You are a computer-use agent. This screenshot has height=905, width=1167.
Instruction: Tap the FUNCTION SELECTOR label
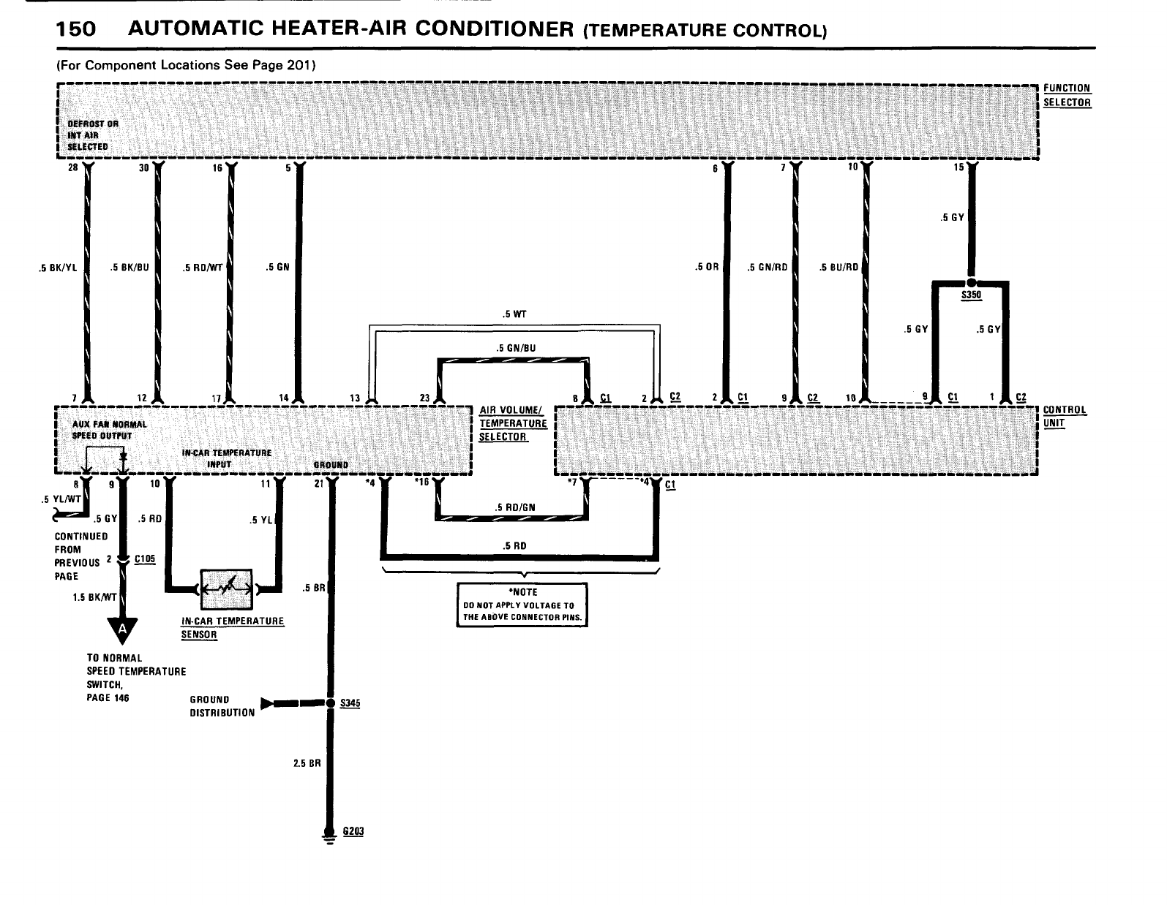[1067, 95]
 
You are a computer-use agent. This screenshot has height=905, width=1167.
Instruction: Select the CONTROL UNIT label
[1065, 417]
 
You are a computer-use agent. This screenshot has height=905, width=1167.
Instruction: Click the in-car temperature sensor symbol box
[225, 588]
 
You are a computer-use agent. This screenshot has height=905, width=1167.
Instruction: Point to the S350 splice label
[971, 295]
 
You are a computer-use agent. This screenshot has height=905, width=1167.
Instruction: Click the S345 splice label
[351, 703]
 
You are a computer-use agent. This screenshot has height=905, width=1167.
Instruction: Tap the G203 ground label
[353, 832]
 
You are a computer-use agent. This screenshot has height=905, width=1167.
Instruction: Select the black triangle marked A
[123, 629]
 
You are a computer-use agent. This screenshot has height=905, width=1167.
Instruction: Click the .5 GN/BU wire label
[515, 348]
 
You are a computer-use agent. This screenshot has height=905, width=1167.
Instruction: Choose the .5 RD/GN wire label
[513, 507]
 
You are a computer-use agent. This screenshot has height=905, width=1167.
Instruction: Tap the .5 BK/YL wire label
[58, 267]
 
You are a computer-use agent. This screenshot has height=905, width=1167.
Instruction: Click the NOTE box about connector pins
[522, 605]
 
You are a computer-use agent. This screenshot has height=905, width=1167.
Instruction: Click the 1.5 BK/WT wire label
[94, 597]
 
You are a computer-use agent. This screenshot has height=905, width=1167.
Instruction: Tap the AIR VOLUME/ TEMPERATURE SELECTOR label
[512, 423]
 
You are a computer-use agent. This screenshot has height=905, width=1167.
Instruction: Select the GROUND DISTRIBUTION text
[222, 706]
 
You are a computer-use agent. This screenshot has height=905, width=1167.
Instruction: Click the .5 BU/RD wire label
[838, 267]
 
